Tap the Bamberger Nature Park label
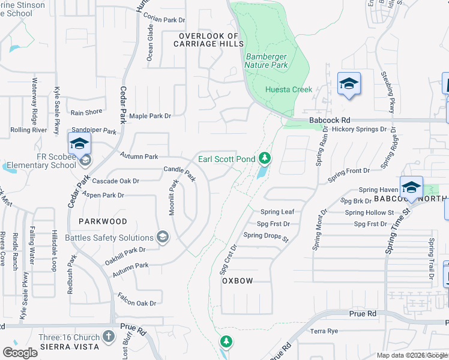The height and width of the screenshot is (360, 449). click(267, 61)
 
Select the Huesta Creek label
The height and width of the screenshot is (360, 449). click(289, 89)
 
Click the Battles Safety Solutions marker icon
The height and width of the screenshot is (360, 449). click(161, 238)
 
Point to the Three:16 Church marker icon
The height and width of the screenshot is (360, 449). click(109, 337)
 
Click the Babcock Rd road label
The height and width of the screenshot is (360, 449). click(330, 121)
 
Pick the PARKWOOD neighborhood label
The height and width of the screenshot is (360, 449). click(103, 221)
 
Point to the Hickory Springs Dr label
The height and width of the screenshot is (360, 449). click(359, 129)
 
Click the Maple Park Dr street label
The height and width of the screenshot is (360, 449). click(150, 116)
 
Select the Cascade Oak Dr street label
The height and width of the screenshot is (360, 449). click(115, 181)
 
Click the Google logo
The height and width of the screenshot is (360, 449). click(20, 353)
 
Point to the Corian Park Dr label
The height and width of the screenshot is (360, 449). click(165, 20)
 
